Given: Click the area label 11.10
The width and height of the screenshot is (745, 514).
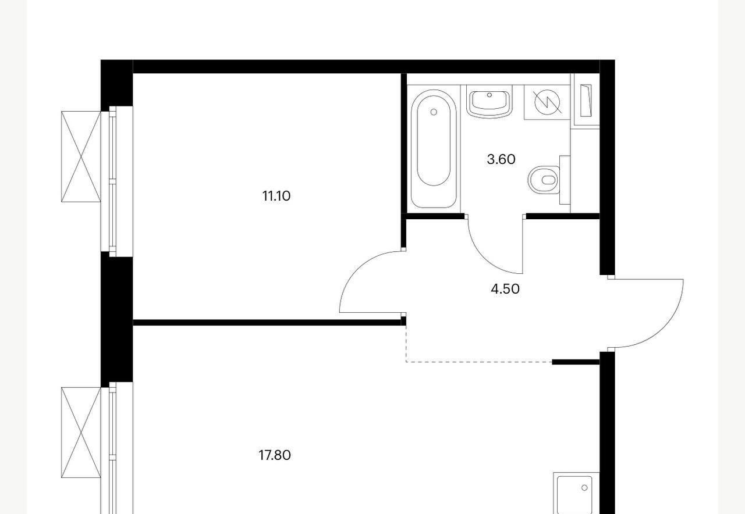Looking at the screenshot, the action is (276, 196).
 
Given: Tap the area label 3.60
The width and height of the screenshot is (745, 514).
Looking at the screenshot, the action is (501, 159).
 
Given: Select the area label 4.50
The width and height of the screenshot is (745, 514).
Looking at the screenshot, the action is (505, 289).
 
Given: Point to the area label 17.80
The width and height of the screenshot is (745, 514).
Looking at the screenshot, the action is (275, 455).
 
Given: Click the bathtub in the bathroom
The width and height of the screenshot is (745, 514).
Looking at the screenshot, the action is (434, 149).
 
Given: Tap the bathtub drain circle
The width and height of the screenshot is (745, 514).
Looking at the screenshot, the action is (434, 112).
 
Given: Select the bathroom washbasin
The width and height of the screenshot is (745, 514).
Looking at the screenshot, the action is (489, 101).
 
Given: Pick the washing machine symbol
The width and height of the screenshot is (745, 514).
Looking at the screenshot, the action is (547, 102).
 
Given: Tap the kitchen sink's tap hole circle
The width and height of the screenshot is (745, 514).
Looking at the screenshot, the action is (584, 488).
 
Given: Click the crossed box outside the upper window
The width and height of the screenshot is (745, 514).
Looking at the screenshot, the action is (81, 156).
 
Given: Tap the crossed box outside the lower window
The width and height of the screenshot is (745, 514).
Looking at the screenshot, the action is (81, 433).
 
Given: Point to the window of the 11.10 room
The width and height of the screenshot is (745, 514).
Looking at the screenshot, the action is (117, 181).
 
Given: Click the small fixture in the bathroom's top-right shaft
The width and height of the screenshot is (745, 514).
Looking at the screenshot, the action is (586, 101).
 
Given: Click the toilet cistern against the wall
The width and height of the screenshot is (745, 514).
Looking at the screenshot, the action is (565, 180).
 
